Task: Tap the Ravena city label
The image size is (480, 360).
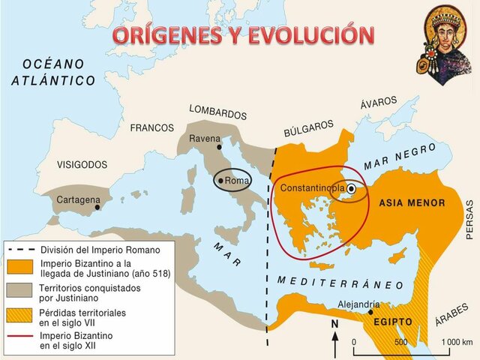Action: click(205, 139)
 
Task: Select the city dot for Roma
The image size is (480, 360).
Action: click(220, 181)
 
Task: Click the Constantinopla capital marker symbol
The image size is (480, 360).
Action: click(351, 189)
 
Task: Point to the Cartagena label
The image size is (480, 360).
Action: click(79, 200)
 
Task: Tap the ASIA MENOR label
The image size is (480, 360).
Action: click(412, 203)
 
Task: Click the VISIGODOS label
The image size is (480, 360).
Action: click(82, 164)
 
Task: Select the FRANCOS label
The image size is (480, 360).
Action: click(151, 127)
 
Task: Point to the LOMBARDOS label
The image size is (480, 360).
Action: click(217, 112)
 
